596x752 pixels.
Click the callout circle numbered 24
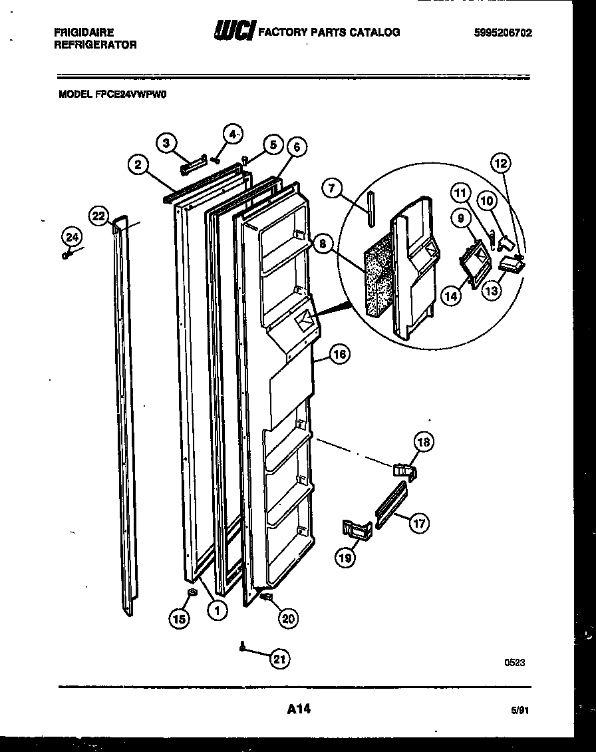point(71,236)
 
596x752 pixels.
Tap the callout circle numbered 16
point(339,354)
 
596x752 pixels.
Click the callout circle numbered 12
point(500,162)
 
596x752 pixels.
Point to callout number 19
point(345,558)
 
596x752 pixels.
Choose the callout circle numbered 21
point(280,659)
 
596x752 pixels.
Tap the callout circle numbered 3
point(168,142)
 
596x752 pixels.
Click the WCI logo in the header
point(233,31)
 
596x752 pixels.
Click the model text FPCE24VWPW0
point(112,94)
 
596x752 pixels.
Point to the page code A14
point(299,710)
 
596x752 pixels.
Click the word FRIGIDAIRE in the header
point(82,32)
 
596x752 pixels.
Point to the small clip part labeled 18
point(404,470)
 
